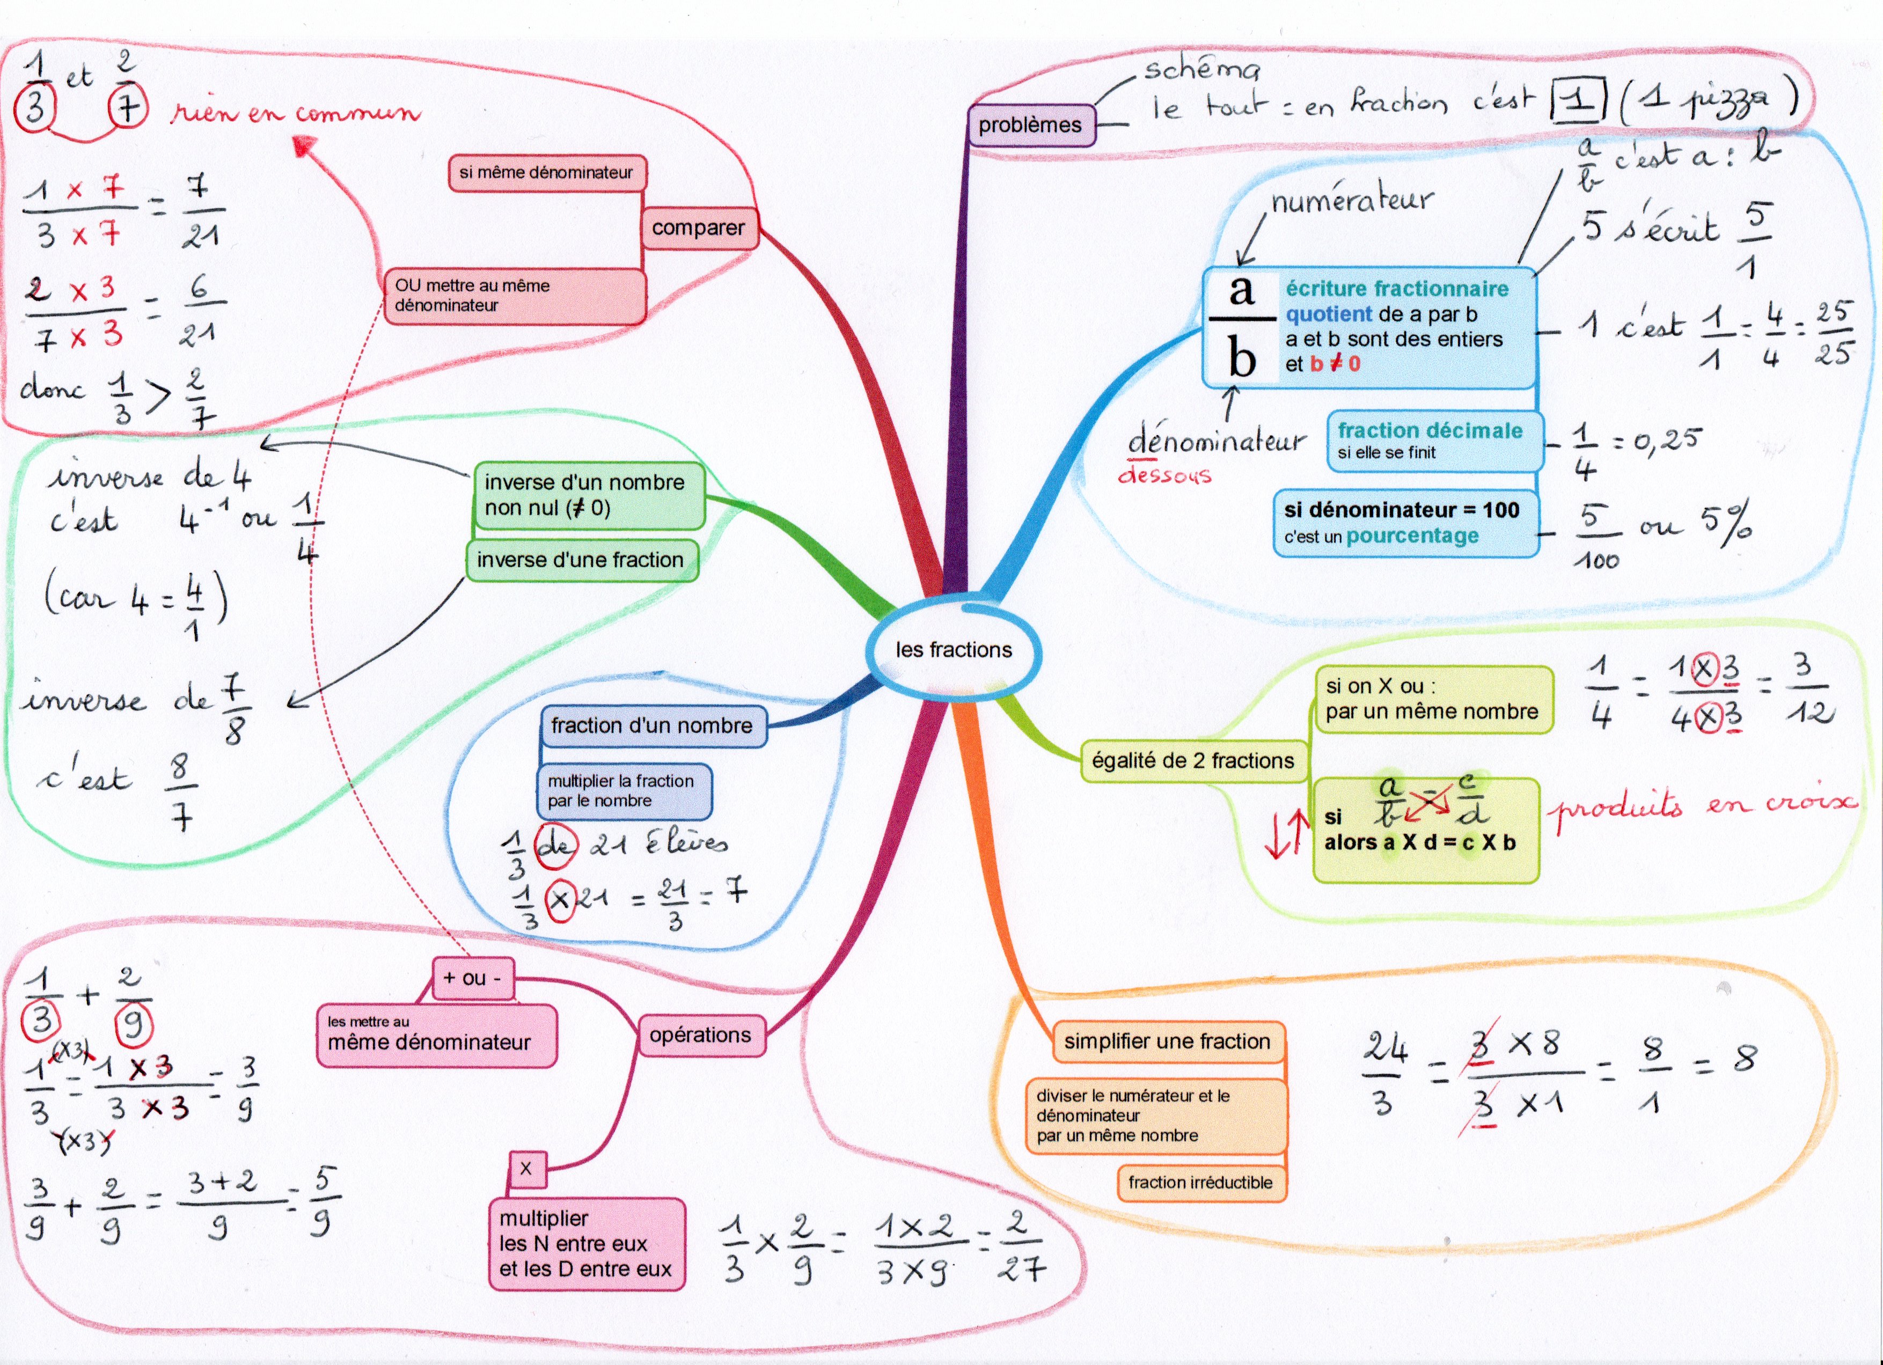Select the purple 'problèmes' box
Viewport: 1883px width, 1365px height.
1030,126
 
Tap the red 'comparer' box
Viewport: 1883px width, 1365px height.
698,227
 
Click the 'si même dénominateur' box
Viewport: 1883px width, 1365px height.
546,173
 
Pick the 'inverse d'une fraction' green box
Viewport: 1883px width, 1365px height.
580,561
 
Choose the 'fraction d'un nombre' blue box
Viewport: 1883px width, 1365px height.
652,725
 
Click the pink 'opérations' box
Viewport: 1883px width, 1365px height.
700,1036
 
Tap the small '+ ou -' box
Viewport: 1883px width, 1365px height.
472,978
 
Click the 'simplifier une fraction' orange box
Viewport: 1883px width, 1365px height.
1167,1041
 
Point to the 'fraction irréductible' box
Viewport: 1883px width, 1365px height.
1200,1183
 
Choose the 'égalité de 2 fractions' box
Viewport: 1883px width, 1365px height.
1192,760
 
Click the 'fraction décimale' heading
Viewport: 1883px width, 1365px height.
1430,430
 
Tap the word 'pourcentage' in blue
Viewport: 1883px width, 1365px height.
1412,537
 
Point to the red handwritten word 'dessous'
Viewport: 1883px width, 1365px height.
1164,475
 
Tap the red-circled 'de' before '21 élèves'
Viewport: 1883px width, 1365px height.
555,845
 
